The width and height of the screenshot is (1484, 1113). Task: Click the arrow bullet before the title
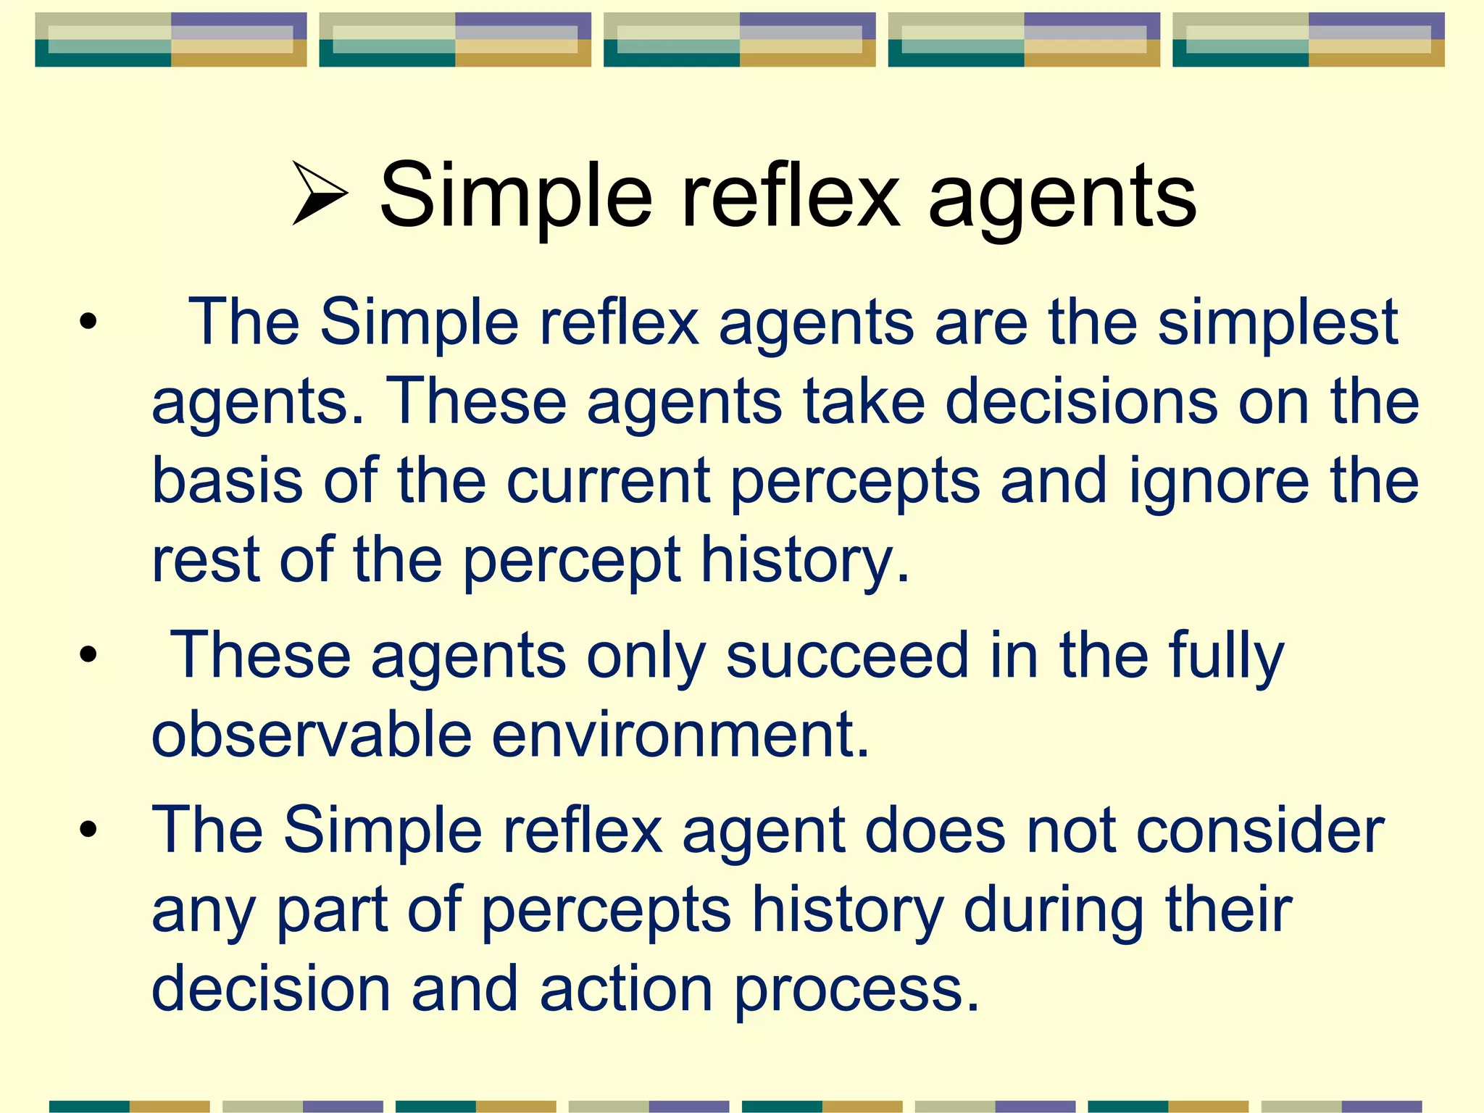[x=320, y=193]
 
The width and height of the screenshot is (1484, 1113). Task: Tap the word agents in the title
[x=1062, y=199]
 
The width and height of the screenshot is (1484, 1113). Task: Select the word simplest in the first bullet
[x=1277, y=323]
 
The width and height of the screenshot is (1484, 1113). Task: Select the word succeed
[x=847, y=656]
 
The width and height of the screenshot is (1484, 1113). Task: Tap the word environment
[x=680, y=734]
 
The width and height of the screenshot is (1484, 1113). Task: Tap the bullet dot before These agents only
[x=88, y=655]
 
